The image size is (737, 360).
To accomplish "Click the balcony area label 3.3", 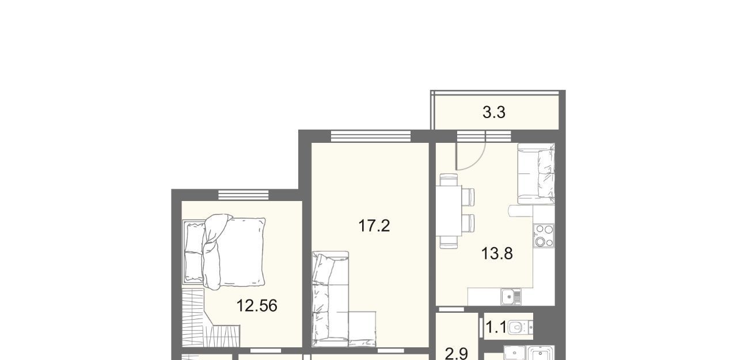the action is [x=493, y=112].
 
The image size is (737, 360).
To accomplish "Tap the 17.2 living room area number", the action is [x=374, y=226].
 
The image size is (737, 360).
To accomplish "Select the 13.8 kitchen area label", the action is [x=497, y=253].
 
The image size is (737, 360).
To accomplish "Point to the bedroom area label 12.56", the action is [x=257, y=306].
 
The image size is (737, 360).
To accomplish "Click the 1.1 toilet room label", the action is [x=496, y=327].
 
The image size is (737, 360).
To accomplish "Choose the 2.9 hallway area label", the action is [x=457, y=354].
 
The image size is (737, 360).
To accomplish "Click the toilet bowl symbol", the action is [x=520, y=327].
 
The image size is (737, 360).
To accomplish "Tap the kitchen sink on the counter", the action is [x=511, y=297].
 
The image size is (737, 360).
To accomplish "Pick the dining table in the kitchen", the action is [x=449, y=211].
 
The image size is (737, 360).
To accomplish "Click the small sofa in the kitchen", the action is [x=536, y=173].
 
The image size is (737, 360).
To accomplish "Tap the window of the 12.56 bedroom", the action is [x=244, y=195].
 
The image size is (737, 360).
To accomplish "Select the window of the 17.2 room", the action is [x=371, y=137].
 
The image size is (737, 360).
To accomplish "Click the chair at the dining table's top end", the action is [x=449, y=180].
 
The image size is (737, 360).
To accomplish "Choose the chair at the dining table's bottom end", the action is [x=449, y=242].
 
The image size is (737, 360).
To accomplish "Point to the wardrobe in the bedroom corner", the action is [x=211, y=318].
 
